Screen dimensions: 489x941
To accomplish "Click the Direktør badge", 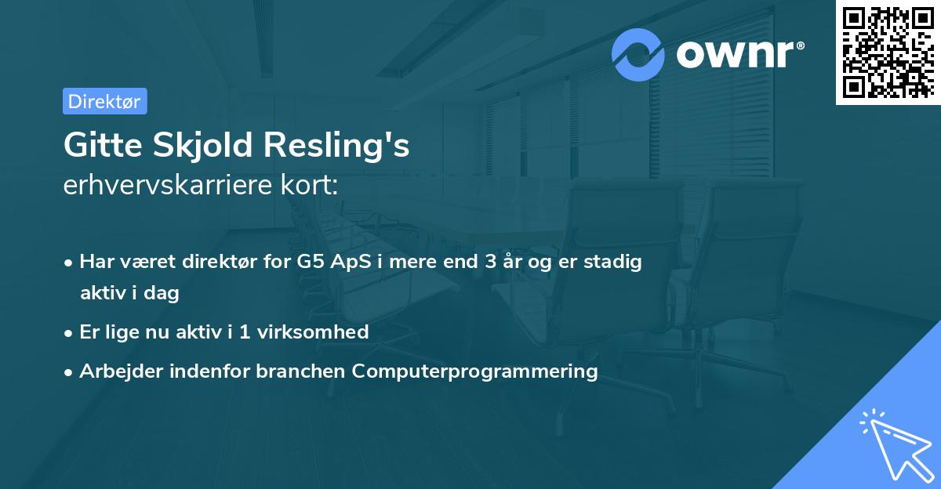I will click(105, 101).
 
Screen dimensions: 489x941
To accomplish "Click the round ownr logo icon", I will click(638, 55).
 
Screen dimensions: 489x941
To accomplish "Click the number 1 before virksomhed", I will click(244, 331).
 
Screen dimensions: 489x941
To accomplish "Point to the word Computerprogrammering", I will click(475, 371).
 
